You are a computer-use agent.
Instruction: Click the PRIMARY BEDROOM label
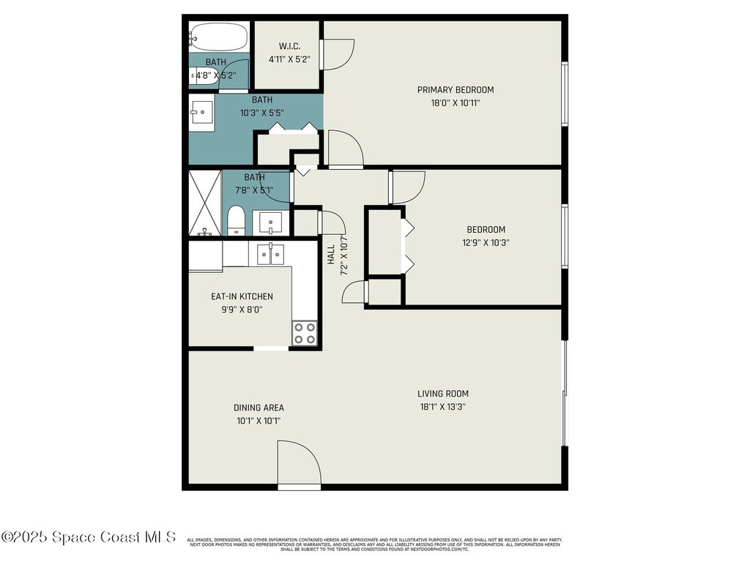click(455, 90)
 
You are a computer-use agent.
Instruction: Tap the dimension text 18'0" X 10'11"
click(455, 103)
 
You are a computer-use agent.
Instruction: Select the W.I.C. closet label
click(289, 46)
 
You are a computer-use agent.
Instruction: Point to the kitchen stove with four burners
click(305, 334)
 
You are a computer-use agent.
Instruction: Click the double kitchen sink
click(270, 255)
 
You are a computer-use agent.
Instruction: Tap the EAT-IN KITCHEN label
click(242, 296)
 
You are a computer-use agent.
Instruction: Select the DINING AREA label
click(259, 408)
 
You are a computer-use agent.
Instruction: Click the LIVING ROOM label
click(443, 394)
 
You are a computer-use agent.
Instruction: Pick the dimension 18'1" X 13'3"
click(443, 407)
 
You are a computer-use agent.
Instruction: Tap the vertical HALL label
click(331, 254)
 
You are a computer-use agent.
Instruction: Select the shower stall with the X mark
click(205, 203)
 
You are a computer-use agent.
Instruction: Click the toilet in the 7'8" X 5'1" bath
click(235, 221)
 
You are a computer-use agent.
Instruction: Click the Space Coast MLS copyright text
click(88, 537)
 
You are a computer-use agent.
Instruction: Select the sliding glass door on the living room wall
click(564, 395)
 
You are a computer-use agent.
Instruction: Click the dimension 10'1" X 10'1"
click(258, 421)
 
